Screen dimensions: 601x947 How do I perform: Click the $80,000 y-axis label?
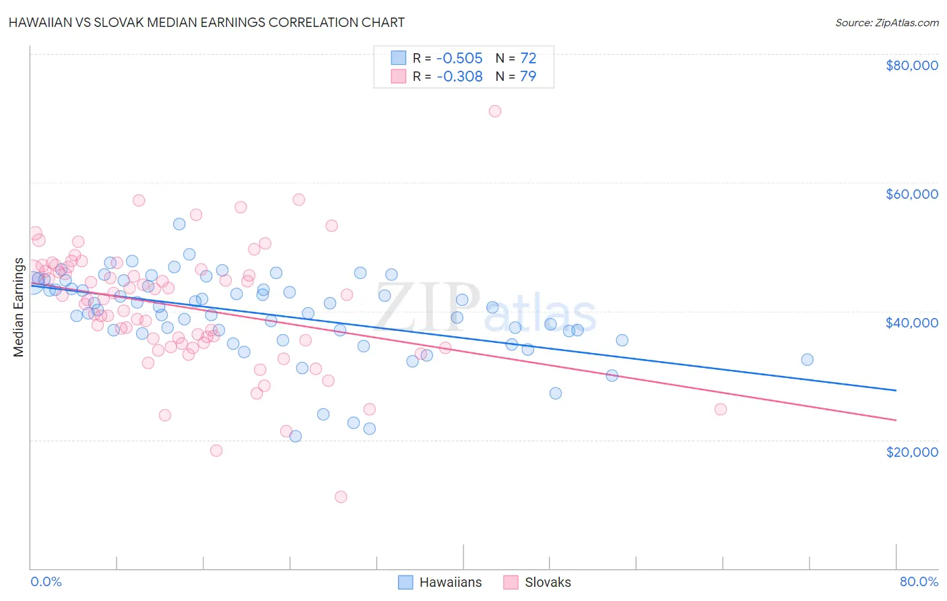(911, 65)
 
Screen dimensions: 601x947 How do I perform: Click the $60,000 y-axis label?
(911, 194)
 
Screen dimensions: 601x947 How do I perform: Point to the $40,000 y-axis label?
(911, 323)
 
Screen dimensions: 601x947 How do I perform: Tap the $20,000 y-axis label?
(911, 451)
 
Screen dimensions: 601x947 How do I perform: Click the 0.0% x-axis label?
(46, 581)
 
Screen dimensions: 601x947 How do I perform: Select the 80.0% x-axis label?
(919, 581)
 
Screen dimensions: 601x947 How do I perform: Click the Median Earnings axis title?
(18, 307)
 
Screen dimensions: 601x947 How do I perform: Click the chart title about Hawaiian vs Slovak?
(207, 22)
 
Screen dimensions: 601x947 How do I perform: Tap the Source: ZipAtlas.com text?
(886, 22)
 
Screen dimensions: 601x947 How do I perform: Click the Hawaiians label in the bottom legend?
(451, 582)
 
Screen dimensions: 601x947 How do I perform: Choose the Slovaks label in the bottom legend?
(548, 582)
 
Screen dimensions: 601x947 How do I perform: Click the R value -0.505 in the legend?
(459, 59)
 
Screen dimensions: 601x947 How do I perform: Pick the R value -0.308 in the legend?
(459, 77)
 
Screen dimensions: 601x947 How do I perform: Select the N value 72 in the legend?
(528, 59)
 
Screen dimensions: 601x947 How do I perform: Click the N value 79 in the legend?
(528, 77)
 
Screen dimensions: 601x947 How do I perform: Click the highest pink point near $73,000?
(495, 111)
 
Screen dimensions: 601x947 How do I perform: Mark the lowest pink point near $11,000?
(341, 497)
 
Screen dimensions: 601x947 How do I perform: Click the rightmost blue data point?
(807, 359)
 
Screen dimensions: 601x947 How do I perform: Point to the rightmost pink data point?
(720, 409)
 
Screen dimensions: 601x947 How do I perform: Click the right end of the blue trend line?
(896, 390)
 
